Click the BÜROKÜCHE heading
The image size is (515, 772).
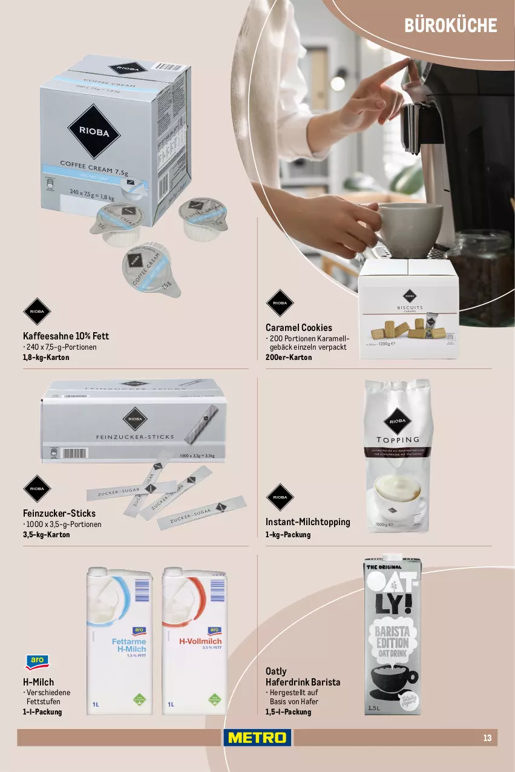click(450, 25)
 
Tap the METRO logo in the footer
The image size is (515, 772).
click(257, 738)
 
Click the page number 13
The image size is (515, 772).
click(487, 738)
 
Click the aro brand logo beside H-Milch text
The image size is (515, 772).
click(38, 661)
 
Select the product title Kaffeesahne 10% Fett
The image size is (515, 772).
click(65, 336)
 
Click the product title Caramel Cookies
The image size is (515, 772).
click(298, 327)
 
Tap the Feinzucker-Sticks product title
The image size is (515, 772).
click(59, 513)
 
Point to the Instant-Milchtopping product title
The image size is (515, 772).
click(307, 522)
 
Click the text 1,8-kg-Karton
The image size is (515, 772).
click(45, 357)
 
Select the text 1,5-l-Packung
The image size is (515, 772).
click(288, 711)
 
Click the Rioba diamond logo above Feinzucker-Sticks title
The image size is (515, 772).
click(37, 488)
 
